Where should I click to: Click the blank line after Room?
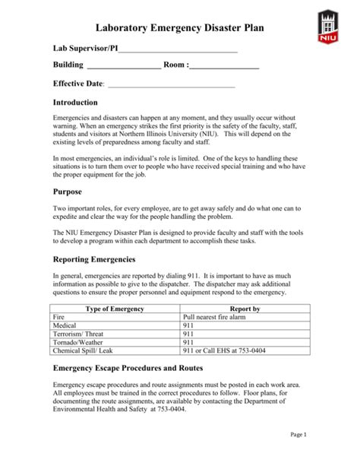(x=225, y=67)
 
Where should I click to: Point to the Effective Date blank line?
(x=172, y=84)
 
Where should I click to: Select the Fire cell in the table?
(x=60, y=317)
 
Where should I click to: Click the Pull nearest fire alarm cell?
(x=216, y=317)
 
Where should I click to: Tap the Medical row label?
(x=65, y=325)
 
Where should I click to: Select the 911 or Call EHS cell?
(x=226, y=350)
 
